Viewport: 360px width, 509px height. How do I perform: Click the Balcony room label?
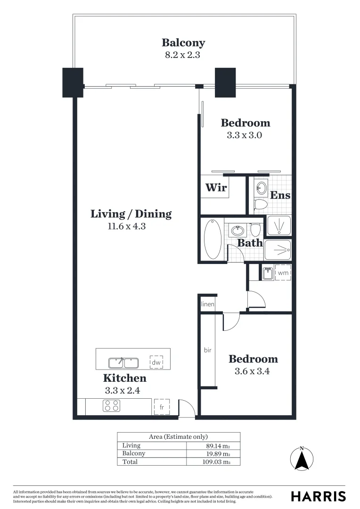point(183,43)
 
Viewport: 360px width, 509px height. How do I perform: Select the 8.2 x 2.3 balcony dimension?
point(183,55)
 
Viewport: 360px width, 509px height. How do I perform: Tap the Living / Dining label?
point(131,214)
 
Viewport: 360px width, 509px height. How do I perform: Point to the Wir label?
point(216,188)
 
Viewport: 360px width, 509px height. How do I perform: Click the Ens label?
point(280,195)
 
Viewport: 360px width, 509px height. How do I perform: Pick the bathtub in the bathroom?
point(213,239)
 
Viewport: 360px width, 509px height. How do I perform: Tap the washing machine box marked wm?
point(283,272)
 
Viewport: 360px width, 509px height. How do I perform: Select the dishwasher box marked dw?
point(156,362)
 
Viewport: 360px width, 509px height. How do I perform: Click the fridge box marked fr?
point(162,407)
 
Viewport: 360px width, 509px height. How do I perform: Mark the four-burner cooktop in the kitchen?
point(111,406)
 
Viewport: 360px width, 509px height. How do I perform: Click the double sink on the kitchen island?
point(123,363)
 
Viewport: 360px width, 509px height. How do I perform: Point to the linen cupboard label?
point(207,304)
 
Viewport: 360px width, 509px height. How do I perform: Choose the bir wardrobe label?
point(208,351)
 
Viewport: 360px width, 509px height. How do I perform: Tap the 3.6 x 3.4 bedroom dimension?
point(253,371)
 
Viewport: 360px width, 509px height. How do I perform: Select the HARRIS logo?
point(318,496)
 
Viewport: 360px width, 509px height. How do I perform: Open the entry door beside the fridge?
point(187,409)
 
